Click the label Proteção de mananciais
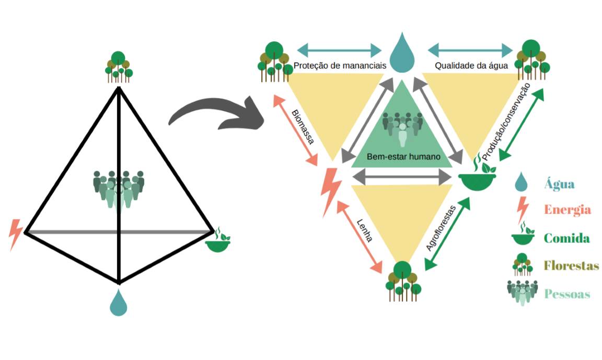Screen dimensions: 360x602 click(340, 66)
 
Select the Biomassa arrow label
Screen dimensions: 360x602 click(303, 126)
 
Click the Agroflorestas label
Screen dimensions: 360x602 click(441, 228)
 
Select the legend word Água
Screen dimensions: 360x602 click(559, 184)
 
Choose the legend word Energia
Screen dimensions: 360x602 click(567, 210)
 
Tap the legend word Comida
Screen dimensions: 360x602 click(566, 238)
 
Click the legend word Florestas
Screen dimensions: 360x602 click(571, 265)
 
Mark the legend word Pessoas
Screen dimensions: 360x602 click(567, 294)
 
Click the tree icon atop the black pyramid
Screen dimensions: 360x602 click(119, 67)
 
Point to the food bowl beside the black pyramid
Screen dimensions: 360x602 click(218, 241)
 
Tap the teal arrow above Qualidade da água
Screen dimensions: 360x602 click(470, 50)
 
